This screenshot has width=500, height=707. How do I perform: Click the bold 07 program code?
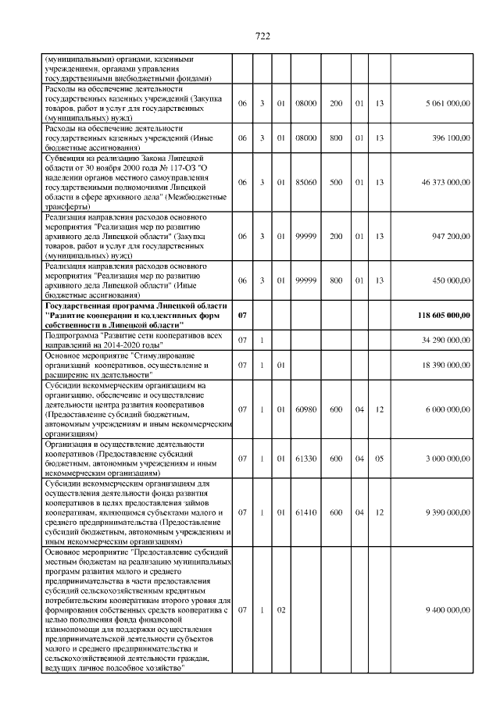click(x=242, y=315)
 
